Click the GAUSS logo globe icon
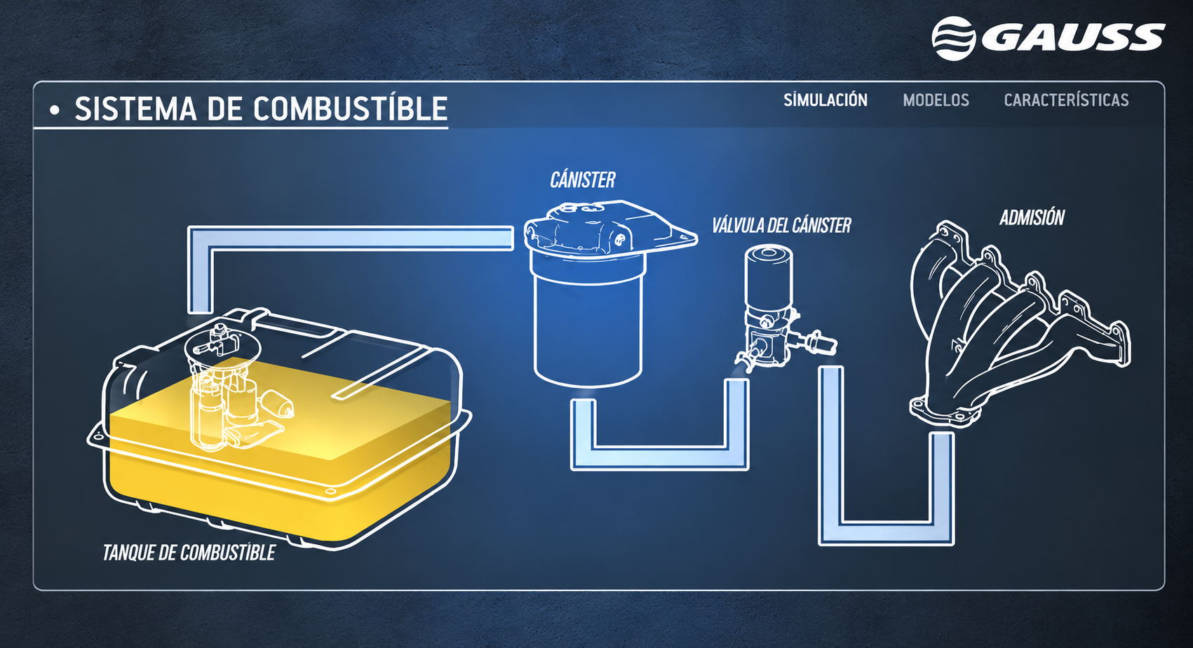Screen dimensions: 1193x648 (953, 39)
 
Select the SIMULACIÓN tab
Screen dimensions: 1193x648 (825, 100)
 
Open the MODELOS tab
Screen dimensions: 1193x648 (936, 100)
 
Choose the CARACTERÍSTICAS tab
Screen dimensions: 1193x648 (1066, 100)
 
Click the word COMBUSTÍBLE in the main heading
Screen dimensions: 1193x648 (350, 109)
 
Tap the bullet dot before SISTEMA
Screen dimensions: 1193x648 (54, 110)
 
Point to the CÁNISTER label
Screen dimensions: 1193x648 (583, 180)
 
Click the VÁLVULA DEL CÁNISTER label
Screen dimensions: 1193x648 (781, 226)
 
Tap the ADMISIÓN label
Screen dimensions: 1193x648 (1032, 217)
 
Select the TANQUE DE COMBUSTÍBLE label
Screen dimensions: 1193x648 (189, 553)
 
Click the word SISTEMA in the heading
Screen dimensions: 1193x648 (135, 109)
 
